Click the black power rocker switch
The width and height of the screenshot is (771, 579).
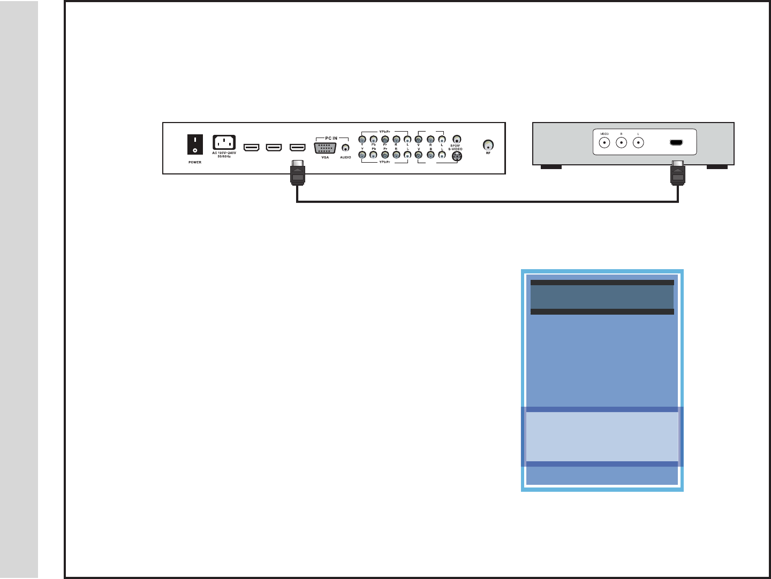[195, 144]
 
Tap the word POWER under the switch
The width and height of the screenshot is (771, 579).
[195, 162]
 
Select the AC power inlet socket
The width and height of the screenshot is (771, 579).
[224, 143]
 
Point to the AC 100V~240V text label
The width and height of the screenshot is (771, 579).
[224, 154]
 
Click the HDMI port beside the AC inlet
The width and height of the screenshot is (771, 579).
[252, 147]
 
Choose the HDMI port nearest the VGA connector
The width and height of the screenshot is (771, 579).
[297, 147]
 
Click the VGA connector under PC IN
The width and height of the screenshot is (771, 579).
[325, 148]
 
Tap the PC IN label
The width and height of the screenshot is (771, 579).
[331, 138]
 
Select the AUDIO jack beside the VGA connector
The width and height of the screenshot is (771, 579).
[346, 148]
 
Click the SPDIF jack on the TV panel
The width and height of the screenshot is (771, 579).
[457, 139]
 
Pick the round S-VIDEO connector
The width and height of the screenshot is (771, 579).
[457, 156]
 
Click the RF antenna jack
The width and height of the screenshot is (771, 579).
[488, 145]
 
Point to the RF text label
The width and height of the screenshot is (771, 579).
[488, 154]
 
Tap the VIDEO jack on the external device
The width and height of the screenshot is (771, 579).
[604, 143]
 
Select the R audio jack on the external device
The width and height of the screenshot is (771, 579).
[621, 143]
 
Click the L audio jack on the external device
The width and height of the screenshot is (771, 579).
[638, 143]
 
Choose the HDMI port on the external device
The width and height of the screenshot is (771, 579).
[676, 143]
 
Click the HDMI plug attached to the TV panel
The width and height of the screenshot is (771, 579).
[298, 173]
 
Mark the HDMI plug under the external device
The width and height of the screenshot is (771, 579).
[678, 173]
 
